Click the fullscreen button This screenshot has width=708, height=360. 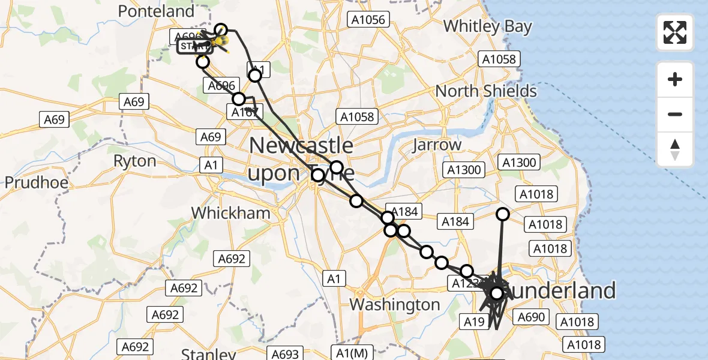(x=675, y=32)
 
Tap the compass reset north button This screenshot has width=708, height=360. (x=675, y=149)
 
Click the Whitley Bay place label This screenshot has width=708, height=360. (x=487, y=26)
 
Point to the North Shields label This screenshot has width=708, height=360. (x=486, y=91)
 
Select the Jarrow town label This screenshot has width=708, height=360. (x=437, y=145)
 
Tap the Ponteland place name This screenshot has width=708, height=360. (x=157, y=11)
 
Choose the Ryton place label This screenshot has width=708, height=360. (x=135, y=161)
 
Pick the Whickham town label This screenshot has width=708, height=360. (x=231, y=212)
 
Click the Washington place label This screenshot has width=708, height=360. (x=395, y=304)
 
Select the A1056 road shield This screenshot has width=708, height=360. (x=368, y=20)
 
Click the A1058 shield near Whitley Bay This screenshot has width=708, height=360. (x=499, y=59)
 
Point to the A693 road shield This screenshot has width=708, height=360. (x=284, y=354)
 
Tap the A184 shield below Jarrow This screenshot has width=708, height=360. (x=455, y=222)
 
